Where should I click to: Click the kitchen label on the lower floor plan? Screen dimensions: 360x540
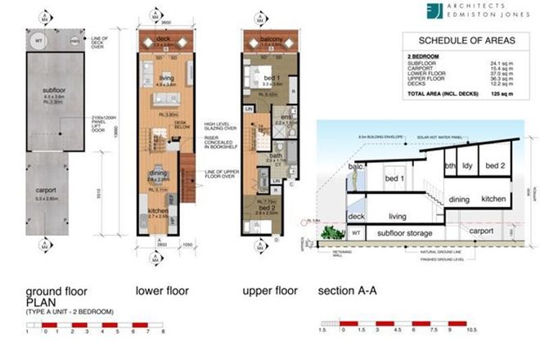pos(159,210)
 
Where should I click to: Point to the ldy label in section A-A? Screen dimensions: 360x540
pos(468,165)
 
